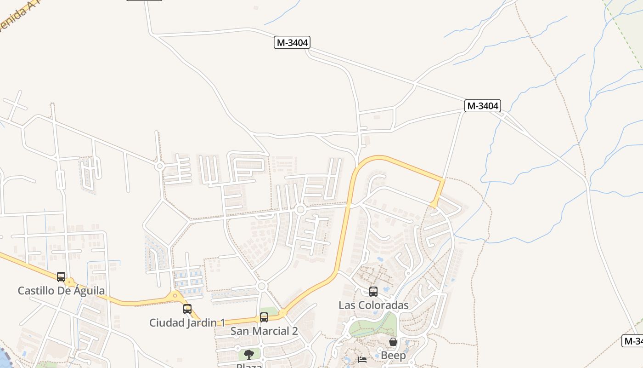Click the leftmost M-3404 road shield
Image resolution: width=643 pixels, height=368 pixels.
(x=293, y=43)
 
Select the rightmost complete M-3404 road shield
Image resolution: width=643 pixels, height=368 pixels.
(x=482, y=106)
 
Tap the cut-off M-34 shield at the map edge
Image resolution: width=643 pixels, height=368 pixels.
(x=633, y=341)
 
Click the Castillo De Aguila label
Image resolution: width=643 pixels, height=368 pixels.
(x=61, y=291)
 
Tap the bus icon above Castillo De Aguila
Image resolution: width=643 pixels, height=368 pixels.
(x=61, y=277)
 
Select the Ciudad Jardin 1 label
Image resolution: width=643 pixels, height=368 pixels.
(x=187, y=323)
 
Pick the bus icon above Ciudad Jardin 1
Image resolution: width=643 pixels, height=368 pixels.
(x=187, y=309)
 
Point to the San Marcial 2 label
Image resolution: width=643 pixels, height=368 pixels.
(x=264, y=331)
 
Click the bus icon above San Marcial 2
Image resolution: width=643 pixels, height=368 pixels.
(x=264, y=317)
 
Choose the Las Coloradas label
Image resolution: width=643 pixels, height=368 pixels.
(x=373, y=305)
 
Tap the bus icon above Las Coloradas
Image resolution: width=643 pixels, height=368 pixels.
(x=373, y=291)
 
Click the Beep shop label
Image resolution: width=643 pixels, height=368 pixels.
(x=393, y=356)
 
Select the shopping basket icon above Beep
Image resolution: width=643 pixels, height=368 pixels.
(x=393, y=342)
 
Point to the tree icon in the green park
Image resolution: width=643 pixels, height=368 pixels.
(x=249, y=354)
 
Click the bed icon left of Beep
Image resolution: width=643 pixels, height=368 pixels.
(x=362, y=359)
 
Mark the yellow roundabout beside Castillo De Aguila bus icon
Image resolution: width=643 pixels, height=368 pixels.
(x=70, y=282)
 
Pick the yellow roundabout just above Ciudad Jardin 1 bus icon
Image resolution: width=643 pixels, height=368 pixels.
(x=175, y=296)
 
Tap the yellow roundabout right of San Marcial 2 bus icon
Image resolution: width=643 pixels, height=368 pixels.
(x=283, y=313)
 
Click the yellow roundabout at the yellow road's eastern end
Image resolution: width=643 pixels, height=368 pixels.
(x=434, y=204)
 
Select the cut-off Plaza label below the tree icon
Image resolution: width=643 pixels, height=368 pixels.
(x=249, y=366)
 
